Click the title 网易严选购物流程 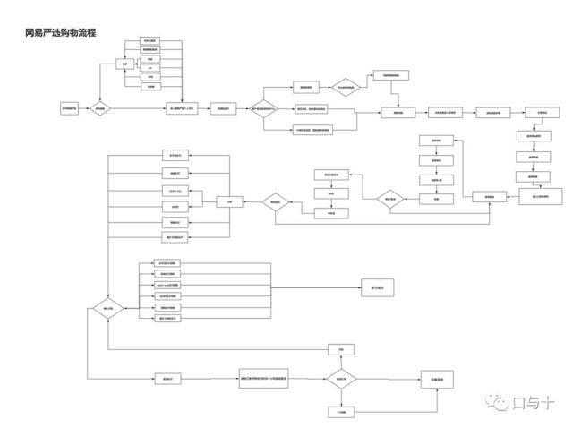61,32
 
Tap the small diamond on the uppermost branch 343,87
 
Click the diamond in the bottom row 341,380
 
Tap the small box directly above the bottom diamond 341,348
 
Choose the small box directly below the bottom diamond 341,411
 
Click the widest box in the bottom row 269,380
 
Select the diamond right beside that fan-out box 277,203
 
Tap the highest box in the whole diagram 150,41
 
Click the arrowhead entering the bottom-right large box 418,380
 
